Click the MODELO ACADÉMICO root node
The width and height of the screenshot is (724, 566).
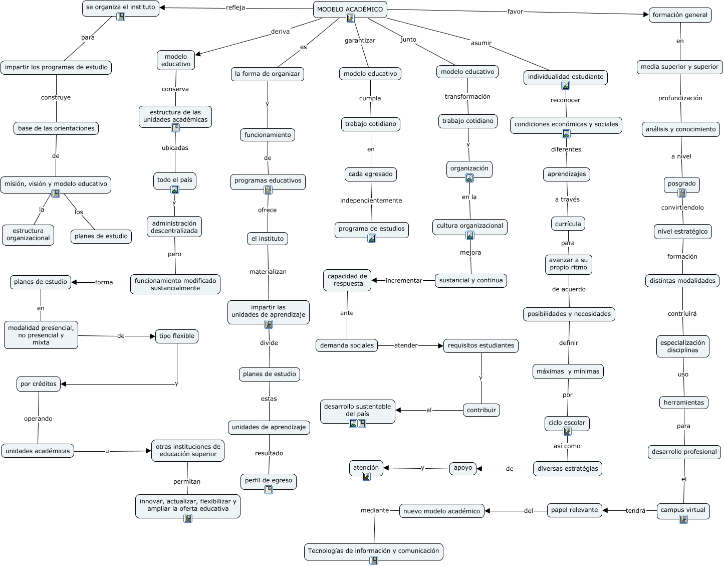(x=350, y=9)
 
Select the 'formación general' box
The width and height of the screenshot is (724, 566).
(x=680, y=15)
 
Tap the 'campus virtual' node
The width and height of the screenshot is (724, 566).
(x=683, y=510)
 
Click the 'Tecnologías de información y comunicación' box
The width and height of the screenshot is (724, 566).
(x=373, y=550)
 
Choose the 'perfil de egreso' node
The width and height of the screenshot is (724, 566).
(x=269, y=480)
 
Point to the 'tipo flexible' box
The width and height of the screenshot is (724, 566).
(x=177, y=336)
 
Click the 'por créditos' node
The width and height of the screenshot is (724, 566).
(x=39, y=384)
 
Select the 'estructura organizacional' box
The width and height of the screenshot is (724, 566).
(x=28, y=235)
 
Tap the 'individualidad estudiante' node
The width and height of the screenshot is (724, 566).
(x=565, y=77)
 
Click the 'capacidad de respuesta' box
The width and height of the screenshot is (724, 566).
(x=347, y=280)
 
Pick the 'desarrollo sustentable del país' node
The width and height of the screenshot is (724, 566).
(x=357, y=410)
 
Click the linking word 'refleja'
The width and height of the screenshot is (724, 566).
(x=235, y=8)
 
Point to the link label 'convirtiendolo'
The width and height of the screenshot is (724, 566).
(x=682, y=208)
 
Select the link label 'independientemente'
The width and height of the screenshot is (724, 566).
(x=371, y=201)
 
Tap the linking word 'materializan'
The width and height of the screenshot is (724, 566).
(x=268, y=272)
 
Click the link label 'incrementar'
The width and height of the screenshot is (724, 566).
(x=404, y=281)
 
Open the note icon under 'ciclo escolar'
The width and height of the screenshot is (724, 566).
(x=567, y=431)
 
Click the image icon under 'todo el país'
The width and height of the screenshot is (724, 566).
(x=175, y=190)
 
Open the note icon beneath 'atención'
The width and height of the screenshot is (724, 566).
(x=366, y=476)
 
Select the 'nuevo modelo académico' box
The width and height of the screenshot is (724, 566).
(x=442, y=511)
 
